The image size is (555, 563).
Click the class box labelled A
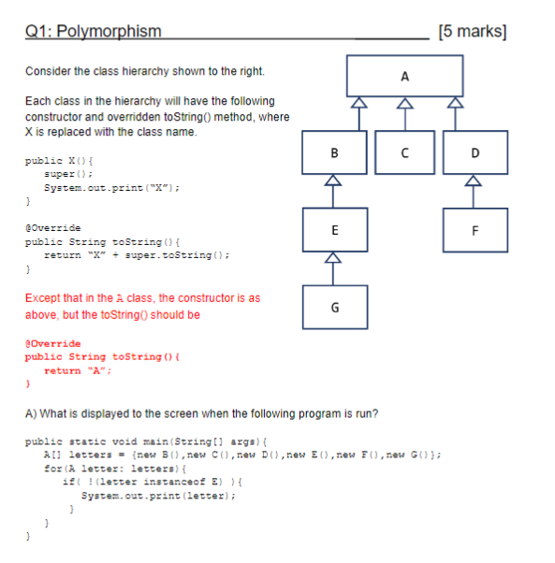point(404,76)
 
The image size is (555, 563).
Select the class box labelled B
point(334,152)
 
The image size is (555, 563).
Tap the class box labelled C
point(404,152)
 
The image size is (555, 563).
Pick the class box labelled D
point(475,152)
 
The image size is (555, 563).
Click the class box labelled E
point(334,228)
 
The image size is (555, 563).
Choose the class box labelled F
point(475,228)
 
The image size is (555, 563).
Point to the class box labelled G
point(334,306)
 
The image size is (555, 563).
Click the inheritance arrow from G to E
point(334,267)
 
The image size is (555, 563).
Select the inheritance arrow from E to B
point(334,190)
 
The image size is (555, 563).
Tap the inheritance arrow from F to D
point(475,190)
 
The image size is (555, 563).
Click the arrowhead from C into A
point(404,104)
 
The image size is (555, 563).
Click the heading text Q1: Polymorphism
point(93,32)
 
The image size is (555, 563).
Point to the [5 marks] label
point(473,32)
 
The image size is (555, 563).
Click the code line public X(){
point(53,161)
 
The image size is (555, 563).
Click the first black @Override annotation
point(52,227)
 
